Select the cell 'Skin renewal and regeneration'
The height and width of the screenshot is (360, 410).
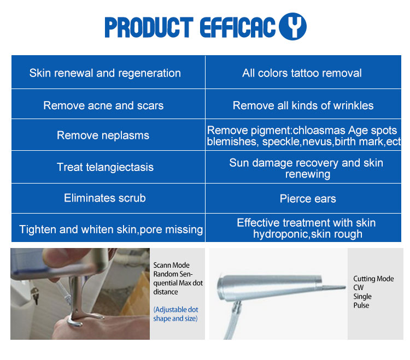tap(105, 73)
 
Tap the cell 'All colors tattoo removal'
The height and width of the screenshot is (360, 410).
tap(302, 73)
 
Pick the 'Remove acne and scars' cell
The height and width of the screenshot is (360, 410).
tap(103, 105)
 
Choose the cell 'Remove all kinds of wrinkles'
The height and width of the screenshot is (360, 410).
tap(303, 105)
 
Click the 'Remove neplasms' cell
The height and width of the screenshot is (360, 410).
tap(103, 135)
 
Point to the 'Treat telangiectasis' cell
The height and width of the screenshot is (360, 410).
tap(105, 167)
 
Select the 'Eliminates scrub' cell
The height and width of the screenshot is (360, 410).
tap(105, 198)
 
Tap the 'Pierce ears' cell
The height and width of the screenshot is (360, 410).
tap(308, 199)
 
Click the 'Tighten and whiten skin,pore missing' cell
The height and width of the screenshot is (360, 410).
tap(111, 229)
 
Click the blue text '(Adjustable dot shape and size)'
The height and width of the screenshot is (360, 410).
tap(175, 314)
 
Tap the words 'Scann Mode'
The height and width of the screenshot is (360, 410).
tap(172, 265)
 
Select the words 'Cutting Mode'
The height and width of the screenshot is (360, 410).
tap(373, 279)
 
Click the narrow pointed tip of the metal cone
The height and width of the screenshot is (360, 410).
tap(343, 287)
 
